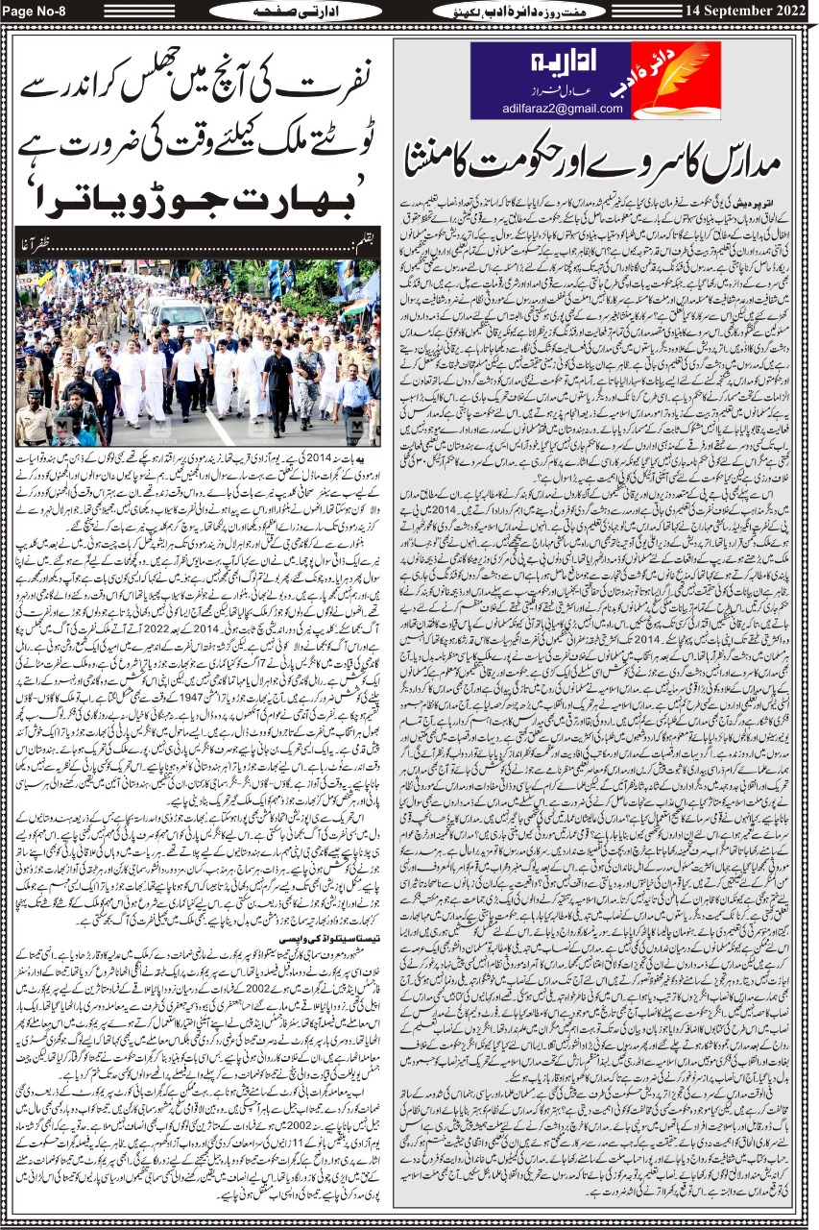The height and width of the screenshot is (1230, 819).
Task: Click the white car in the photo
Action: [174, 318]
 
